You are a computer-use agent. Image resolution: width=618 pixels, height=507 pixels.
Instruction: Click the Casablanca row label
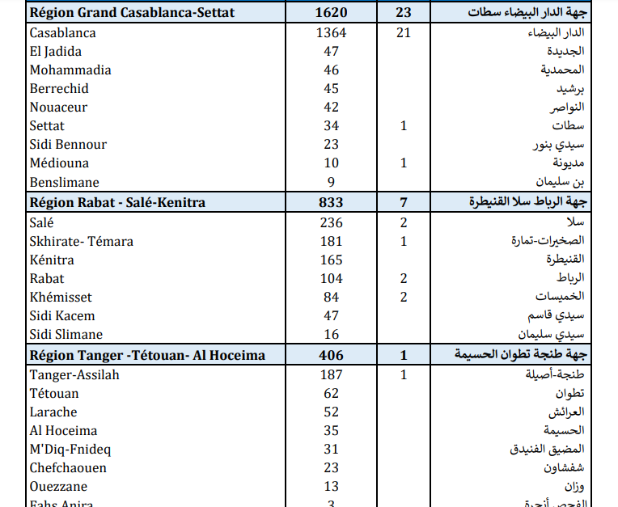[62, 33]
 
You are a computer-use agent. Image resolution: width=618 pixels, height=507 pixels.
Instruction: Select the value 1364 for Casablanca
[331, 33]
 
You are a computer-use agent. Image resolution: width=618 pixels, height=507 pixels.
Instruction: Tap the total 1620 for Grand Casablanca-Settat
[331, 14]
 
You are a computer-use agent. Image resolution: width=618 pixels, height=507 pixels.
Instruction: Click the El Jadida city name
[55, 52]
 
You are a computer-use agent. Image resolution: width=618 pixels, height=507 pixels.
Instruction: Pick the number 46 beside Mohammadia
[331, 70]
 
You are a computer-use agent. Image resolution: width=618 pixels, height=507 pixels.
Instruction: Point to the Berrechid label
[59, 89]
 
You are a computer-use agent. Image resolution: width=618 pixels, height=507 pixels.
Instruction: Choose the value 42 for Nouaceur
[331, 108]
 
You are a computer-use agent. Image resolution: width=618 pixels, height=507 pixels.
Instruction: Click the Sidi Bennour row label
[68, 145]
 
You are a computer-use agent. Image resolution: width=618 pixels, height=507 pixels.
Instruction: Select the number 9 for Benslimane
[331, 182]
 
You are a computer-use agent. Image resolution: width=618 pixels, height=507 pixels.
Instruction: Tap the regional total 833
[331, 202]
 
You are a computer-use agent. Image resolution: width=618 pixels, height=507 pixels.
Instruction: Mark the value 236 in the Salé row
[331, 223]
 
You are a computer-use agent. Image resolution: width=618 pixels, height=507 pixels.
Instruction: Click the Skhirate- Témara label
[81, 242]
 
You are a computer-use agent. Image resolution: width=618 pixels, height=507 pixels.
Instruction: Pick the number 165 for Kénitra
[331, 260]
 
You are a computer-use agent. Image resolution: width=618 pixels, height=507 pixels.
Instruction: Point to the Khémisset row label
[61, 298]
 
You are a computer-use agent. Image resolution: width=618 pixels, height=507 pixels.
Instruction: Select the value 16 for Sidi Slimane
[331, 335]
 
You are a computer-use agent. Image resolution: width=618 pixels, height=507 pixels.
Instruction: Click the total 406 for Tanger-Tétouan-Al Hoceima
[331, 355]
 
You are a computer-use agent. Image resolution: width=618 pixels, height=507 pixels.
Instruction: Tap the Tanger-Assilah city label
[74, 375]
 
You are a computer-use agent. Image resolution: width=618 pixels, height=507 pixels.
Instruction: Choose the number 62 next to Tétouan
[331, 394]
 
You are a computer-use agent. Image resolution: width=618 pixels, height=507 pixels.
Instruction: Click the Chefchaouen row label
[68, 468]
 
